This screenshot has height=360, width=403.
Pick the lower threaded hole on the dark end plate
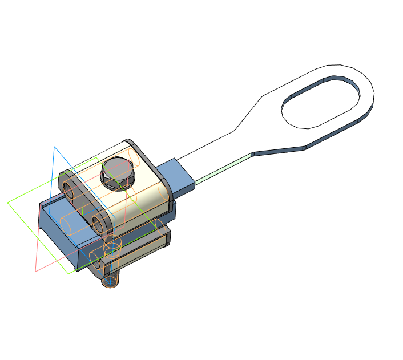pyautogui.click(x=98, y=224)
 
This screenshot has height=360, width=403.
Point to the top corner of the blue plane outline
pyautogui.click(x=55, y=147)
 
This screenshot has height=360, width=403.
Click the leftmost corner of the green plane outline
pyautogui.click(x=8, y=203)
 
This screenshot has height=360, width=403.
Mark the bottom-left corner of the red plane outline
pyautogui.click(x=36, y=271)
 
